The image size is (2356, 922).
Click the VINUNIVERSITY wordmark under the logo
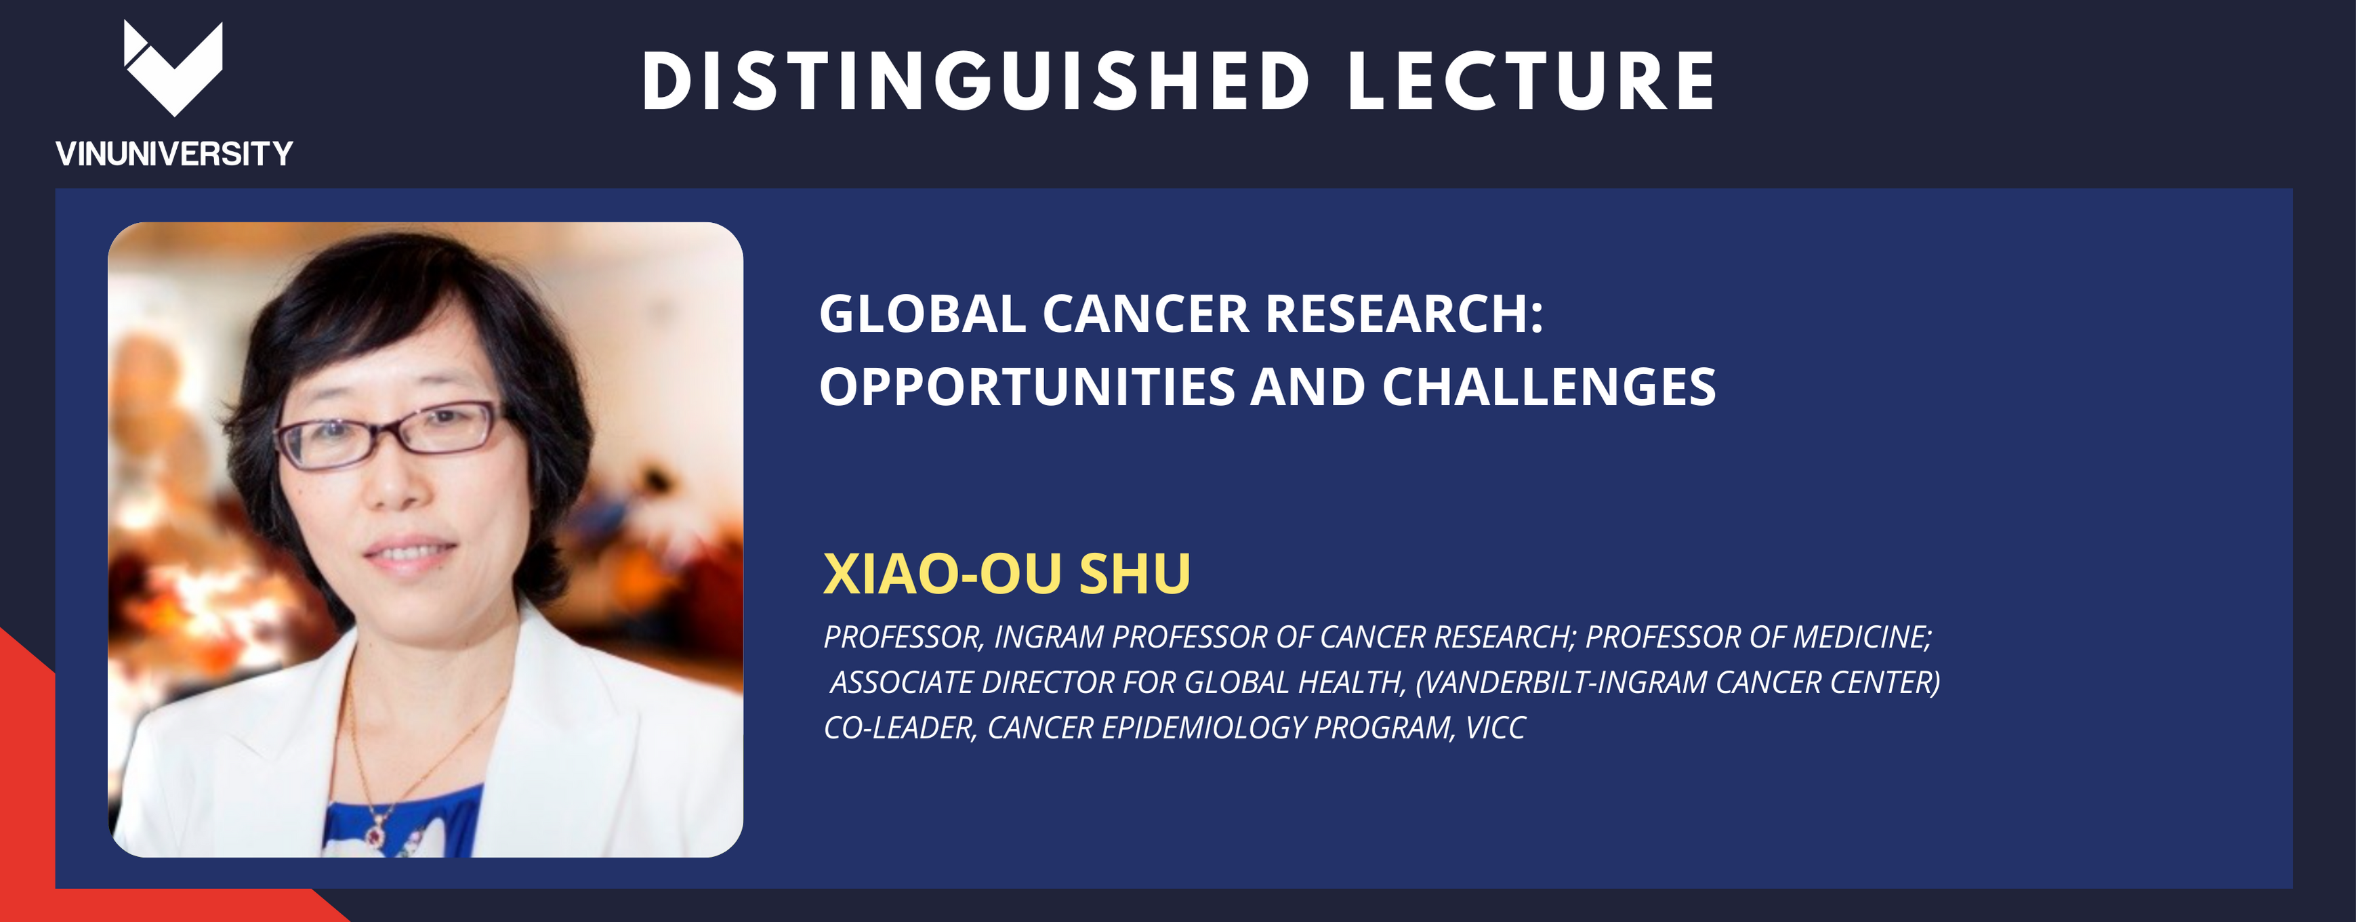point(173,154)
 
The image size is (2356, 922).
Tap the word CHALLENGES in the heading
point(1548,387)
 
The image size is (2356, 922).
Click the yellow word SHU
point(1135,574)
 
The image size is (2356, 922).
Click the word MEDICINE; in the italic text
point(1862,637)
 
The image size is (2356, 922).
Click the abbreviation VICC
point(1495,728)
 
